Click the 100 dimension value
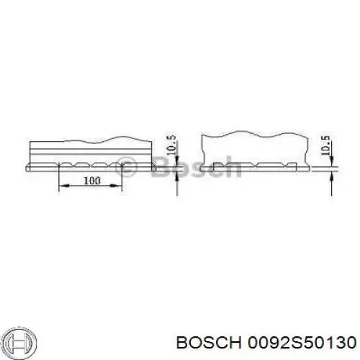click(x=91, y=181)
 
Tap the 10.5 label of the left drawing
click(x=171, y=145)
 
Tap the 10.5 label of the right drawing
click(x=325, y=145)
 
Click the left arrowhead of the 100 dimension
click(x=64, y=186)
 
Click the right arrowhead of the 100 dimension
click(x=117, y=186)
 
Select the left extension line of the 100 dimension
click(x=59, y=178)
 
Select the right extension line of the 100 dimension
click(x=122, y=178)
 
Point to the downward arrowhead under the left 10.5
click(x=177, y=161)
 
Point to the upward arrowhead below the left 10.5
click(x=177, y=177)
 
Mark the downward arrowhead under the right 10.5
click(x=332, y=161)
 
